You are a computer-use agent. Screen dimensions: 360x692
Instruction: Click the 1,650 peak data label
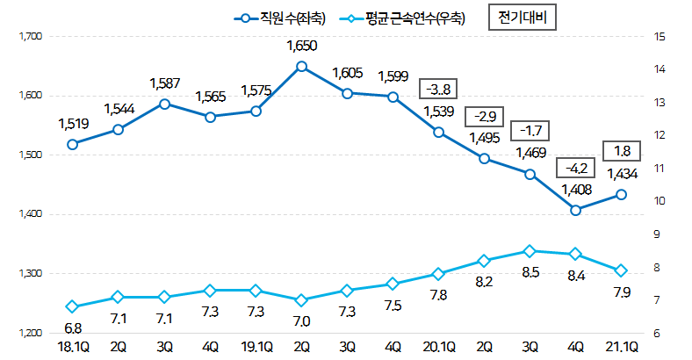301,46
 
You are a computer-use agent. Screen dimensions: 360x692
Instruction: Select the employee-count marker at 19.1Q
256,111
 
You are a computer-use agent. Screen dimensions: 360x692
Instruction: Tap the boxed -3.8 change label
438,90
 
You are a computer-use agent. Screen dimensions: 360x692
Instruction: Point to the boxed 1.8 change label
621,151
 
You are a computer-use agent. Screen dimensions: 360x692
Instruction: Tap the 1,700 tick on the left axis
30,37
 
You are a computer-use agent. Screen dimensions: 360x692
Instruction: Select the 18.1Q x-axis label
73,348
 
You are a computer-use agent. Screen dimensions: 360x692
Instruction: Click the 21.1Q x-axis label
621,348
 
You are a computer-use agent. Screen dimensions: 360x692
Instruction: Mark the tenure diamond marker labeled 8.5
530,251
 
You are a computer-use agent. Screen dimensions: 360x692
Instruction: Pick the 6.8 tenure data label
73,328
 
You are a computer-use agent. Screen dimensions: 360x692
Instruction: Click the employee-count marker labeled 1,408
575,210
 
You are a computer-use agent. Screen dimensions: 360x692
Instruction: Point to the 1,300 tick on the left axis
30,274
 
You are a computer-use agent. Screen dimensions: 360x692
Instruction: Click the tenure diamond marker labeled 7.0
301,300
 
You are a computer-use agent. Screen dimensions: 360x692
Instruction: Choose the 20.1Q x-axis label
438,348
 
